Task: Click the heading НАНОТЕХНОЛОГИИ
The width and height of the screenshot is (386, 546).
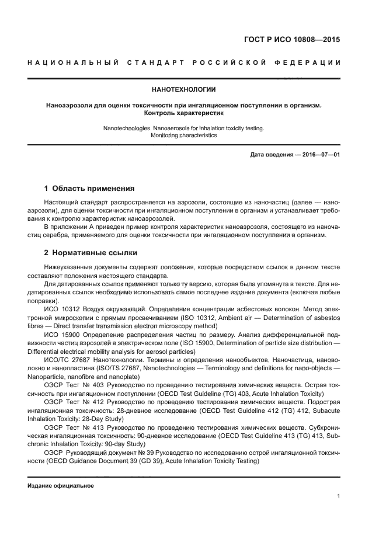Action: (184, 90)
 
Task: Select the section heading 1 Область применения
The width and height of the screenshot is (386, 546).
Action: (89, 189)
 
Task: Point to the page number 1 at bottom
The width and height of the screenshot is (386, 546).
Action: (339, 496)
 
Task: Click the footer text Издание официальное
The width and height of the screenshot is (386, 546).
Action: (61, 485)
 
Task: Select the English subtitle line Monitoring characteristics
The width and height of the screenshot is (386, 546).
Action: (184, 135)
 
